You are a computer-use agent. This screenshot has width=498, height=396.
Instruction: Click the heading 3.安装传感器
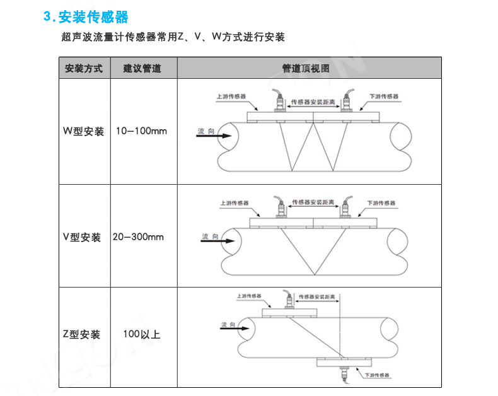[86, 17]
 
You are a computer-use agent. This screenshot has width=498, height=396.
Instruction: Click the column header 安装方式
[84, 68]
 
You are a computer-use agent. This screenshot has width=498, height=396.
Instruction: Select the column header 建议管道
[142, 68]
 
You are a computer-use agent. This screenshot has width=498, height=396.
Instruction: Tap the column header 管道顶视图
[306, 68]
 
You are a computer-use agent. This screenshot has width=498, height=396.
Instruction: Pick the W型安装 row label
[84, 131]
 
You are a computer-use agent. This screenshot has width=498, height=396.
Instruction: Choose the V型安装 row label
[82, 237]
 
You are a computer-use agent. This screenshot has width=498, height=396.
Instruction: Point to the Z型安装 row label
[81, 334]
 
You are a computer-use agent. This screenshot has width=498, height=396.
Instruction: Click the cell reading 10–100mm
[141, 131]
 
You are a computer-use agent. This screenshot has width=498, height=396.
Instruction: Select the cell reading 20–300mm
[138, 236]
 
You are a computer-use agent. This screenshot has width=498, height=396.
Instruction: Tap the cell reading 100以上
[142, 334]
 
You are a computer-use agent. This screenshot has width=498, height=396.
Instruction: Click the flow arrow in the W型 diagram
[214, 136]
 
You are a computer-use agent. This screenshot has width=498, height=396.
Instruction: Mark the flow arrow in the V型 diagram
[218, 241]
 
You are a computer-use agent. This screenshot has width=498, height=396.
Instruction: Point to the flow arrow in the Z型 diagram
[235, 329]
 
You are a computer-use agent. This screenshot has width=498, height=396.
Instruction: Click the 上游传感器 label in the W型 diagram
[231, 96]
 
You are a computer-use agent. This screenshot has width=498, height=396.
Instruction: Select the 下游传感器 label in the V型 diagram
[381, 203]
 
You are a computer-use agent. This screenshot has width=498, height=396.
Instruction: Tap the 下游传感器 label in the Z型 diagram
[377, 375]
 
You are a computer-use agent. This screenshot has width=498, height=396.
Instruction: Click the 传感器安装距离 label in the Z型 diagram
[316, 297]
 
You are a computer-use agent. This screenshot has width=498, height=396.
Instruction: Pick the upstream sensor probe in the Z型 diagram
[289, 300]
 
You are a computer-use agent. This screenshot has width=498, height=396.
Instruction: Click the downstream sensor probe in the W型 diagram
[347, 100]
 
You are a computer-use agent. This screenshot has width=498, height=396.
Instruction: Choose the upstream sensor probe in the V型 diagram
[281, 207]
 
